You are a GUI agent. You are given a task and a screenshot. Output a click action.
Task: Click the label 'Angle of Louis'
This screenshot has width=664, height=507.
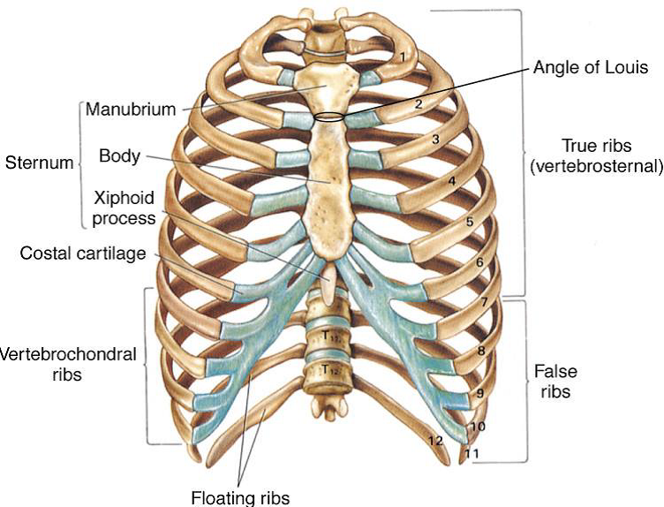click(591, 67)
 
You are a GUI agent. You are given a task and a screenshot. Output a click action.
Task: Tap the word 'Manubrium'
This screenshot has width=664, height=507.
click(130, 110)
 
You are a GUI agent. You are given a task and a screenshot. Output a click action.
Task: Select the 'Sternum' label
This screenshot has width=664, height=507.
click(38, 163)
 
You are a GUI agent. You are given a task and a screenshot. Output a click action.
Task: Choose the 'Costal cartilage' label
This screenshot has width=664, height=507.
click(83, 254)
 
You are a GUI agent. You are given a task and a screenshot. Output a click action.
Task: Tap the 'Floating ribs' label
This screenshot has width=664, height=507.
click(239, 496)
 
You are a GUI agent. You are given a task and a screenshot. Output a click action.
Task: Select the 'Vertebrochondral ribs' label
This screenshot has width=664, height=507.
click(68, 363)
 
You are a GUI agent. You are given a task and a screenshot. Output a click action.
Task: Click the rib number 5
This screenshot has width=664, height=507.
click(470, 222)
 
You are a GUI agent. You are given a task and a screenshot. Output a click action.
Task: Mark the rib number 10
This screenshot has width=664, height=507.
click(477, 427)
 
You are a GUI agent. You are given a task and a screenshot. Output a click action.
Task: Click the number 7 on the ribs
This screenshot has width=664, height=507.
click(482, 303)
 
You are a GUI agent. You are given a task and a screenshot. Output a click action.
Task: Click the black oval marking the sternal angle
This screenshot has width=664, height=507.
click(330, 117)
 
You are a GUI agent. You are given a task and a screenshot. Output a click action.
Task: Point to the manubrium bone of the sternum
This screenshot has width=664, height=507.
click(323, 88)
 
